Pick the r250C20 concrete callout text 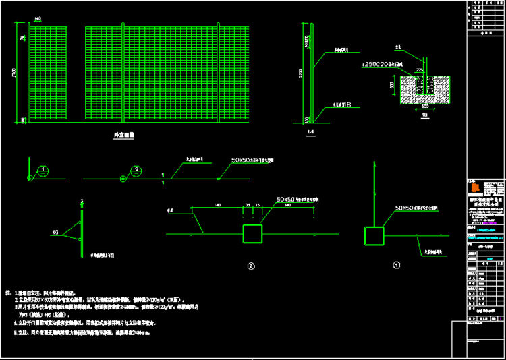pos(382,64)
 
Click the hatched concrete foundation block pos(425,90)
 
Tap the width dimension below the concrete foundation pos(425,107)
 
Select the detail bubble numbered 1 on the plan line pos(42,170)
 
